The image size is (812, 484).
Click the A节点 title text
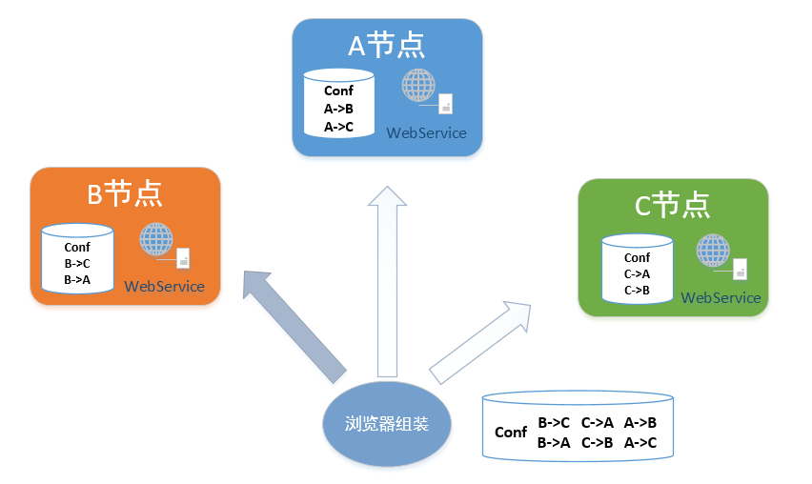386,45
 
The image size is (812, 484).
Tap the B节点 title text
124,194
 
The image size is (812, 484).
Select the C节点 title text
672,205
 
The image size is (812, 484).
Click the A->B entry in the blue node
338,109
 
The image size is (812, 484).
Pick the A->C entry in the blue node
338,127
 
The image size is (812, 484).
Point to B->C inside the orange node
77,264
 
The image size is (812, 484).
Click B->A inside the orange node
77,280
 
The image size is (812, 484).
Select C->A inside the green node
637,273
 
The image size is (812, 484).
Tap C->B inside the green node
637,291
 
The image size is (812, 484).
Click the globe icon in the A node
418,86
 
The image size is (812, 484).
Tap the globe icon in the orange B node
156,239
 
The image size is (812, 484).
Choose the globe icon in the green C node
713,251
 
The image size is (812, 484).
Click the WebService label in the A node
426,133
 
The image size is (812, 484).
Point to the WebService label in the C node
721,297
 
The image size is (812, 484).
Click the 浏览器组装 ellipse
387,424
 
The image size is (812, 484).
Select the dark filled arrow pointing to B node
293,325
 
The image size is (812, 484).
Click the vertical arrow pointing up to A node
387,282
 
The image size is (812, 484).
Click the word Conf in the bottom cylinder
511,433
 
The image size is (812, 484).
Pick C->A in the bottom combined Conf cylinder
598,423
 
